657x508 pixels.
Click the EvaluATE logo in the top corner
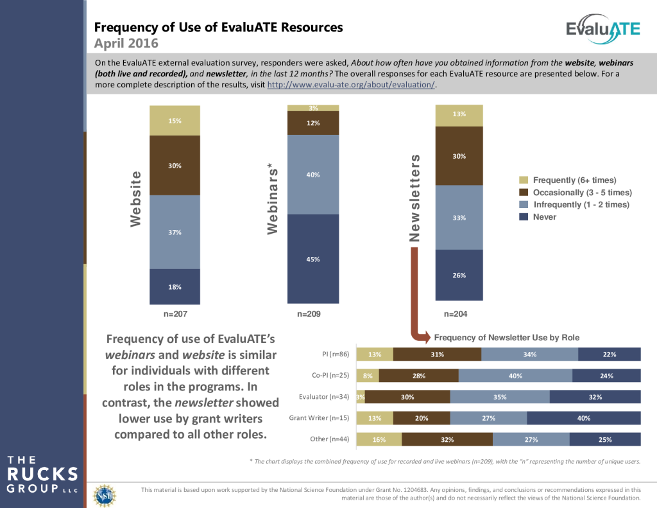[602, 30]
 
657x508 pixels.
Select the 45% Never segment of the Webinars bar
[313, 259]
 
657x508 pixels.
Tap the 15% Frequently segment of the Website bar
[175, 121]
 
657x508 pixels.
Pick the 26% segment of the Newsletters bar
[459, 275]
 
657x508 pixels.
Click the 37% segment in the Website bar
[175, 232]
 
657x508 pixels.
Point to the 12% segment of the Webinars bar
[313, 123]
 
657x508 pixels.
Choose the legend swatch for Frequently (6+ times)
[523, 180]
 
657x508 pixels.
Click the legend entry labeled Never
[545, 217]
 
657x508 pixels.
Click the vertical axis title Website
[135, 198]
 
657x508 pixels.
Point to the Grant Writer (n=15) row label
[318, 418]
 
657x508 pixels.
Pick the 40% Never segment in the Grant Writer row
[584, 418]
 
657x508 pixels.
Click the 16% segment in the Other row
[379, 440]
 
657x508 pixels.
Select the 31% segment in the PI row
[437, 354]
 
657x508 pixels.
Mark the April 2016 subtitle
[126, 44]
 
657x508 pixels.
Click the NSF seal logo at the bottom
[105, 495]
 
